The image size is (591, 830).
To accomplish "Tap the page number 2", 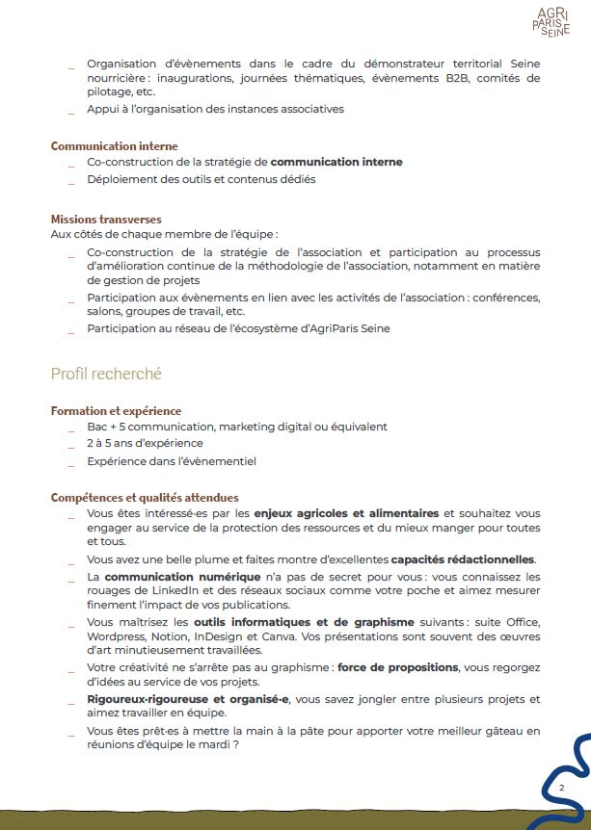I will point(561,789).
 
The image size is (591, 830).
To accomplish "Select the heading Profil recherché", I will point(106,373).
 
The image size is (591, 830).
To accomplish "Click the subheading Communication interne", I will point(114,146).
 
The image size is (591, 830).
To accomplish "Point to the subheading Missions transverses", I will point(106,220).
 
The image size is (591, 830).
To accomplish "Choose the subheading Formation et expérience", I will point(116,411).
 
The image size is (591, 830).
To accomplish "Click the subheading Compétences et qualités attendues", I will point(145,498).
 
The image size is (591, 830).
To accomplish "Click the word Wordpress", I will point(116,637).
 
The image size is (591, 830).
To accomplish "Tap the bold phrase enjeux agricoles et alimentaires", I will point(353,513).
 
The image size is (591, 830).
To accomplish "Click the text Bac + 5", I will point(107,427).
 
